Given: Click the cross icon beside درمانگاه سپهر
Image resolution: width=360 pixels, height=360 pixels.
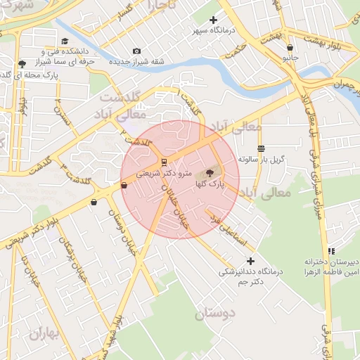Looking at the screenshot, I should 214,20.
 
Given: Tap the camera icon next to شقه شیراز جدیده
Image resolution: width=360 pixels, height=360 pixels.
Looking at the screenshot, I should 136,51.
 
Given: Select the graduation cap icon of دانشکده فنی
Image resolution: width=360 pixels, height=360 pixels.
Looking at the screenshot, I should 65,41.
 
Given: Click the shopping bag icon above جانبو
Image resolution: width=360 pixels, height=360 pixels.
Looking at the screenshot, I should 290,48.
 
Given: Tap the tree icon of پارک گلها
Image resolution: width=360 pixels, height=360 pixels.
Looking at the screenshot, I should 209,172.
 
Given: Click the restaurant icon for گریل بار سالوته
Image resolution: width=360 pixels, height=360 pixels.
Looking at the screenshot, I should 262,148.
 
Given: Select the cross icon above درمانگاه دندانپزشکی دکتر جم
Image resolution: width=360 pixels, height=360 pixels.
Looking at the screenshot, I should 250,261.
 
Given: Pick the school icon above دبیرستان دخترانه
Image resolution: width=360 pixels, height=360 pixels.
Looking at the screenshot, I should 331,251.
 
